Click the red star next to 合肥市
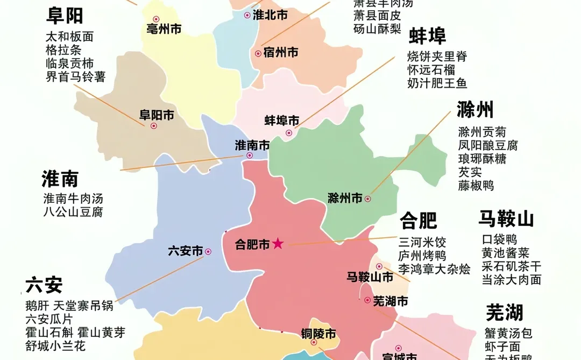pyautogui.click(x=278, y=244)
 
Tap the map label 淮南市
pyautogui.click(x=252, y=145)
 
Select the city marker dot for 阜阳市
pyautogui.click(x=153, y=126)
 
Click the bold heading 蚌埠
pyautogui.click(x=428, y=37)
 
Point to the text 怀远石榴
pyautogui.click(x=431, y=70)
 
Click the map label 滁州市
pyautogui.click(x=345, y=199)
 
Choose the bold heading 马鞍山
pyautogui.click(x=506, y=220)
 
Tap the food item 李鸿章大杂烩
pyautogui.click(x=435, y=269)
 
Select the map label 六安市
pyautogui.click(x=186, y=251)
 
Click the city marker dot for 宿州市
pyautogui.click(x=258, y=53)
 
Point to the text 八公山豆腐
pyautogui.click(x=73, y=212)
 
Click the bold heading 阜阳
pyautogui.click(x=65, y=16)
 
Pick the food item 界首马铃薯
pyautogui.click(x=75, y=77)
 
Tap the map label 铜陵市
pyautogui.click(x=318, y=334)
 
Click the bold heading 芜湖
pyautogui.click(x=505, y=313)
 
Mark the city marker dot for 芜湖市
pyautogui.click(x=367, y=300)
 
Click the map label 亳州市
pyautogui.click(x=164, y=30)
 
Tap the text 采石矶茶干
pyautogui.click(x=511, y=266)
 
